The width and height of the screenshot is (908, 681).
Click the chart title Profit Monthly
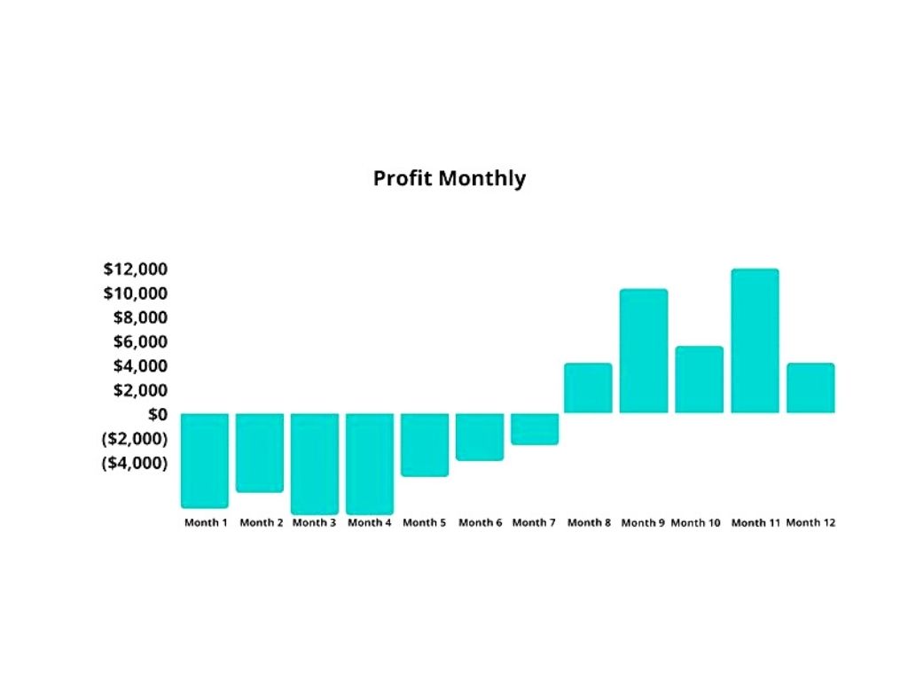coord(449,178)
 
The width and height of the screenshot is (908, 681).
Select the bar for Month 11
coord(755,341)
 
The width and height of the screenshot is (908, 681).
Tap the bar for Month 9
coord(644,351)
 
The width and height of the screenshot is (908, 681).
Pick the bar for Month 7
coord(535,429)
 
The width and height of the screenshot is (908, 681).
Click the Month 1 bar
coord(205,460)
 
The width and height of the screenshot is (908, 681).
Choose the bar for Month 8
coord(588,388)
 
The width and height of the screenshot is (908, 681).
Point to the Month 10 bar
coord(699,380)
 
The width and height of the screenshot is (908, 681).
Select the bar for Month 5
coord(425,445)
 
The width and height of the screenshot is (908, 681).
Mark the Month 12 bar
coord(810,388)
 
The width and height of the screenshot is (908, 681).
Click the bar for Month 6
coord(480,437)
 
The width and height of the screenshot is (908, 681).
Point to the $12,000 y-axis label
coord(136,269)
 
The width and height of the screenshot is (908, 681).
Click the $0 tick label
coord(157,414)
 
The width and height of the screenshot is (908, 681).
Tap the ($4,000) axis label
coord(135,463)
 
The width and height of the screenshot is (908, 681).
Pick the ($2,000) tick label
coord(135,439)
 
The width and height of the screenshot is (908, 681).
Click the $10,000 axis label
coord(136,294)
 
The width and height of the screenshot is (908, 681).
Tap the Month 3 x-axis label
coord(314,523)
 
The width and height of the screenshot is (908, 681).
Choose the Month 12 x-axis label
coord(810,523)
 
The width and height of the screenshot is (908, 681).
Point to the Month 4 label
coord(369,523)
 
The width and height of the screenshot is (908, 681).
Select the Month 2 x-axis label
coord(261,523)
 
